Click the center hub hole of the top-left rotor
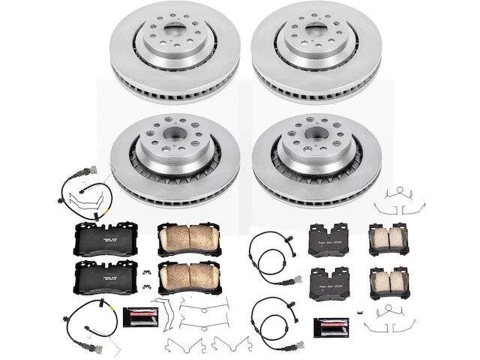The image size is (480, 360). pyautogui.click(x=174, y=35)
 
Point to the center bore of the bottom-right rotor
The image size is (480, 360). pyautogui.click(x=313, y=138)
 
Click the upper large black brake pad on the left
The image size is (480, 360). pyautogui.click(x=106, y=238)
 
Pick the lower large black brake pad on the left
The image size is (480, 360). pyautogui.click(x=106, y=279)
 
